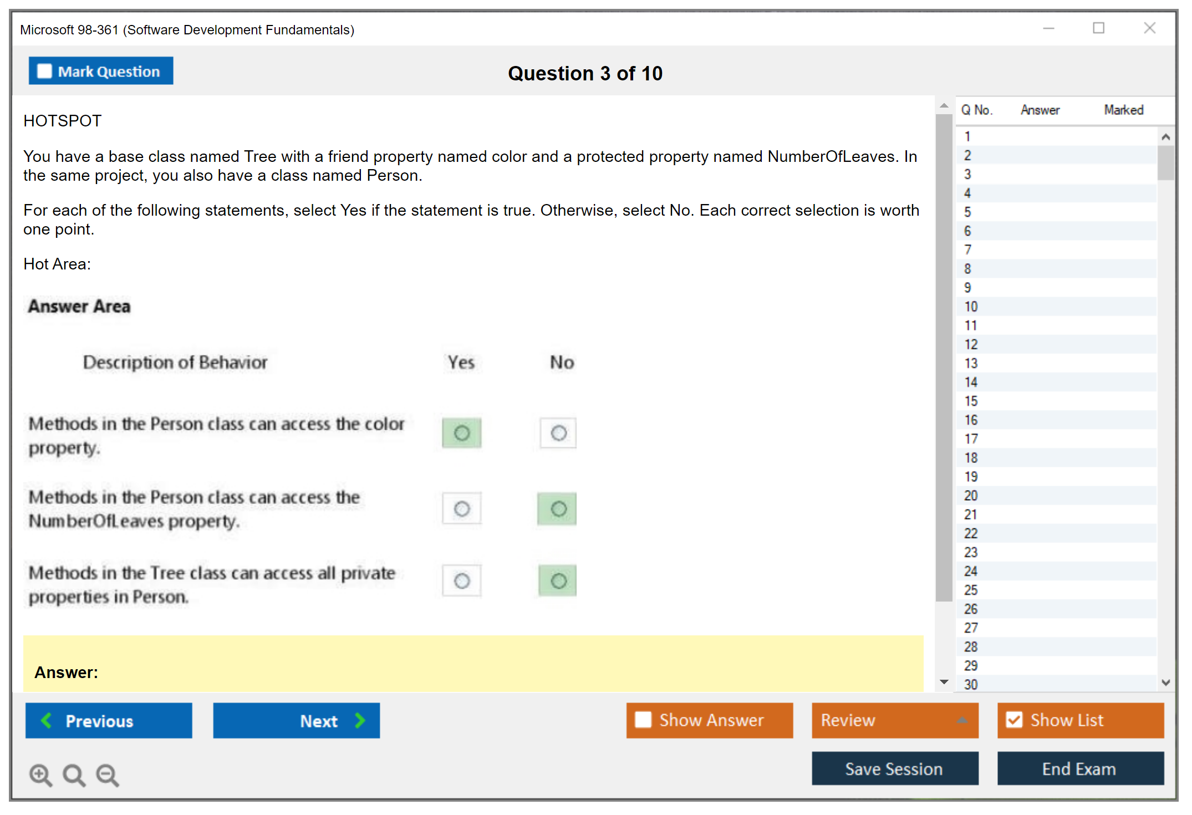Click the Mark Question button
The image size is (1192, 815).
[x=101, y=71]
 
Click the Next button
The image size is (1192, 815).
[x=297, y=720]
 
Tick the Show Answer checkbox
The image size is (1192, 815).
[x=643, y=720]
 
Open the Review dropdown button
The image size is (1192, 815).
[x=895, y=720]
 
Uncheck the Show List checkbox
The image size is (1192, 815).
[x=1015, y=720]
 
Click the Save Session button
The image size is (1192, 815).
[x=895, y=768]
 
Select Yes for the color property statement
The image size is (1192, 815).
[x=462, y=433]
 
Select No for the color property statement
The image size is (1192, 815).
[x=558, y=433]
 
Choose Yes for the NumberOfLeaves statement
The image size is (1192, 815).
[x=462, y=508]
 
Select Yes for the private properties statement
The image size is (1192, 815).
[x=462, y=580]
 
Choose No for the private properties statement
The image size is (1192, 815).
[x=558, y=580]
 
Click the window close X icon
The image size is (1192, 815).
[x=1150, y=28]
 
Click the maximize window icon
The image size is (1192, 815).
[x=1099, y=28]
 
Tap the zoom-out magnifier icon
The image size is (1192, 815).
[x=108, y=775]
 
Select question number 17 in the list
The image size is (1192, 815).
[x=971, y=439]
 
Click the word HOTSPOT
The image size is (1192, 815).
[x=63, y=121]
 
